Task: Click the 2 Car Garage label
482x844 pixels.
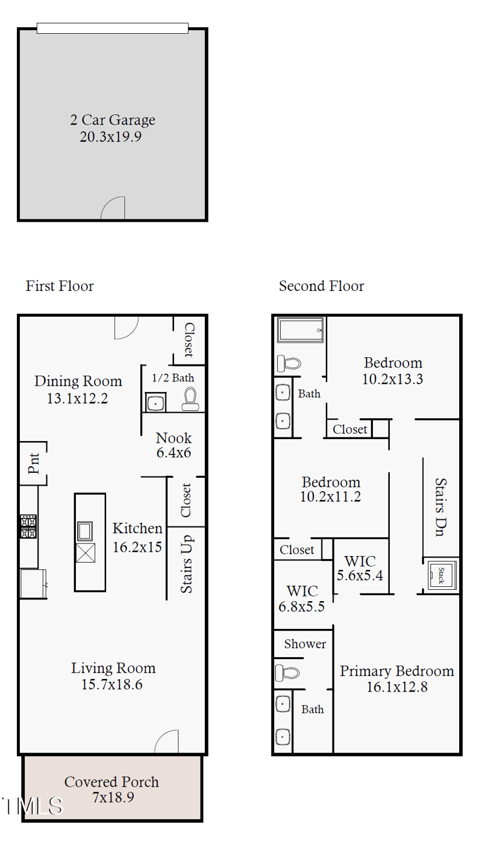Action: (x=112, y=120)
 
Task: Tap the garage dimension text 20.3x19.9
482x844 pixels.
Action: (x=110, y=137)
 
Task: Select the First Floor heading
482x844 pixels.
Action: (x=60, y=286)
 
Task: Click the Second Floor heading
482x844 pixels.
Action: (x=321, y=286)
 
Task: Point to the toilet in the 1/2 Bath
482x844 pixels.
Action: (x=190, y=399)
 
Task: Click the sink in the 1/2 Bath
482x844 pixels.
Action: (x=156, y=402)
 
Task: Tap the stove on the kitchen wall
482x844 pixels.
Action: (x=28, y=527)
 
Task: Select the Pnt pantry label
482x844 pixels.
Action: (x=33, y=463)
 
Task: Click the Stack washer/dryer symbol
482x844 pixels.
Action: (x=441, y=576)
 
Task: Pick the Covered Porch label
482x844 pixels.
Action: (x=111, y=782)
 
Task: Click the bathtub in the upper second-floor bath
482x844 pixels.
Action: (x=300, y=330)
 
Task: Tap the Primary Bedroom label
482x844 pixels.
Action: (x=396, y=671)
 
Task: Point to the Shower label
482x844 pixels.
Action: (x=305, y=644)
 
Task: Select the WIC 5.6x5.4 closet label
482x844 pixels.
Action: (x=360, y=568)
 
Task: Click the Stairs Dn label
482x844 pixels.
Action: (x=440, y=508)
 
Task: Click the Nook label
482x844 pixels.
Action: (x=174, y=438)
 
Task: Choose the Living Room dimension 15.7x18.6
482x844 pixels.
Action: (x=111, y=684)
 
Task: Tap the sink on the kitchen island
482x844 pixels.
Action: (x=85, y=531)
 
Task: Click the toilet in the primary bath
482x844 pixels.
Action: (x=287, y=672)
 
